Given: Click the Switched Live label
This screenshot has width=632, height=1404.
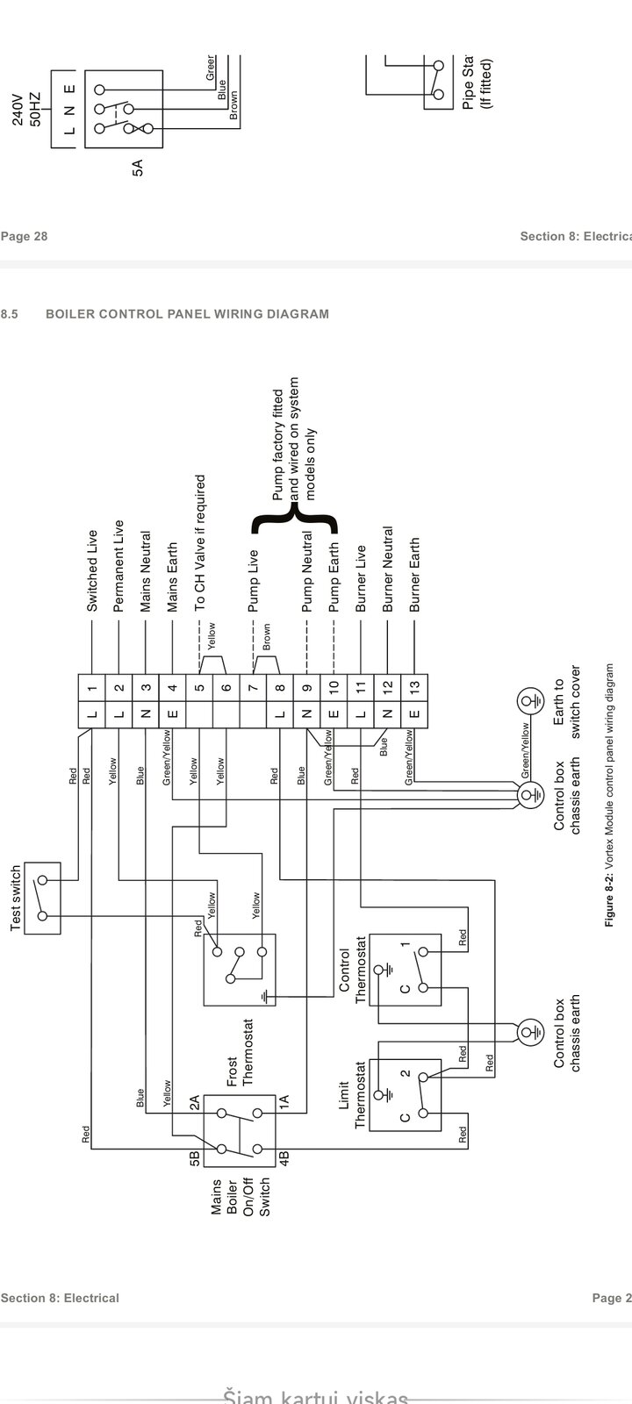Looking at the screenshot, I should (x=91, y=570).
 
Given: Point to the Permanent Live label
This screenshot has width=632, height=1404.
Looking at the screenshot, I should (x=118, y=566).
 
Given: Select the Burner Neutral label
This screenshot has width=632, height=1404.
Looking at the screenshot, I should (x=387, y=569).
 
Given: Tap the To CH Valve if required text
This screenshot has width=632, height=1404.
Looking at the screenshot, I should (x=199, y=543).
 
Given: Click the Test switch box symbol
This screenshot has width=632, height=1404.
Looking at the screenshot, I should (x=42, y=897).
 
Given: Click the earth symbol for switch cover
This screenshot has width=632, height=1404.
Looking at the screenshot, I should (x=528, y=700).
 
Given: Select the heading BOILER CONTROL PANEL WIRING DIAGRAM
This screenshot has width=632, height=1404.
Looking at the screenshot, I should (x=187, y=313).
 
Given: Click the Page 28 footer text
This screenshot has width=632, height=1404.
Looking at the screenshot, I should (x=25, y=236).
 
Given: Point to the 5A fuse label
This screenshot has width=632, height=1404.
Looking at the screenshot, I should (x=138, y=168).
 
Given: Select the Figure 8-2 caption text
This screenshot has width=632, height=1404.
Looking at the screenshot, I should (x=609, y=795).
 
